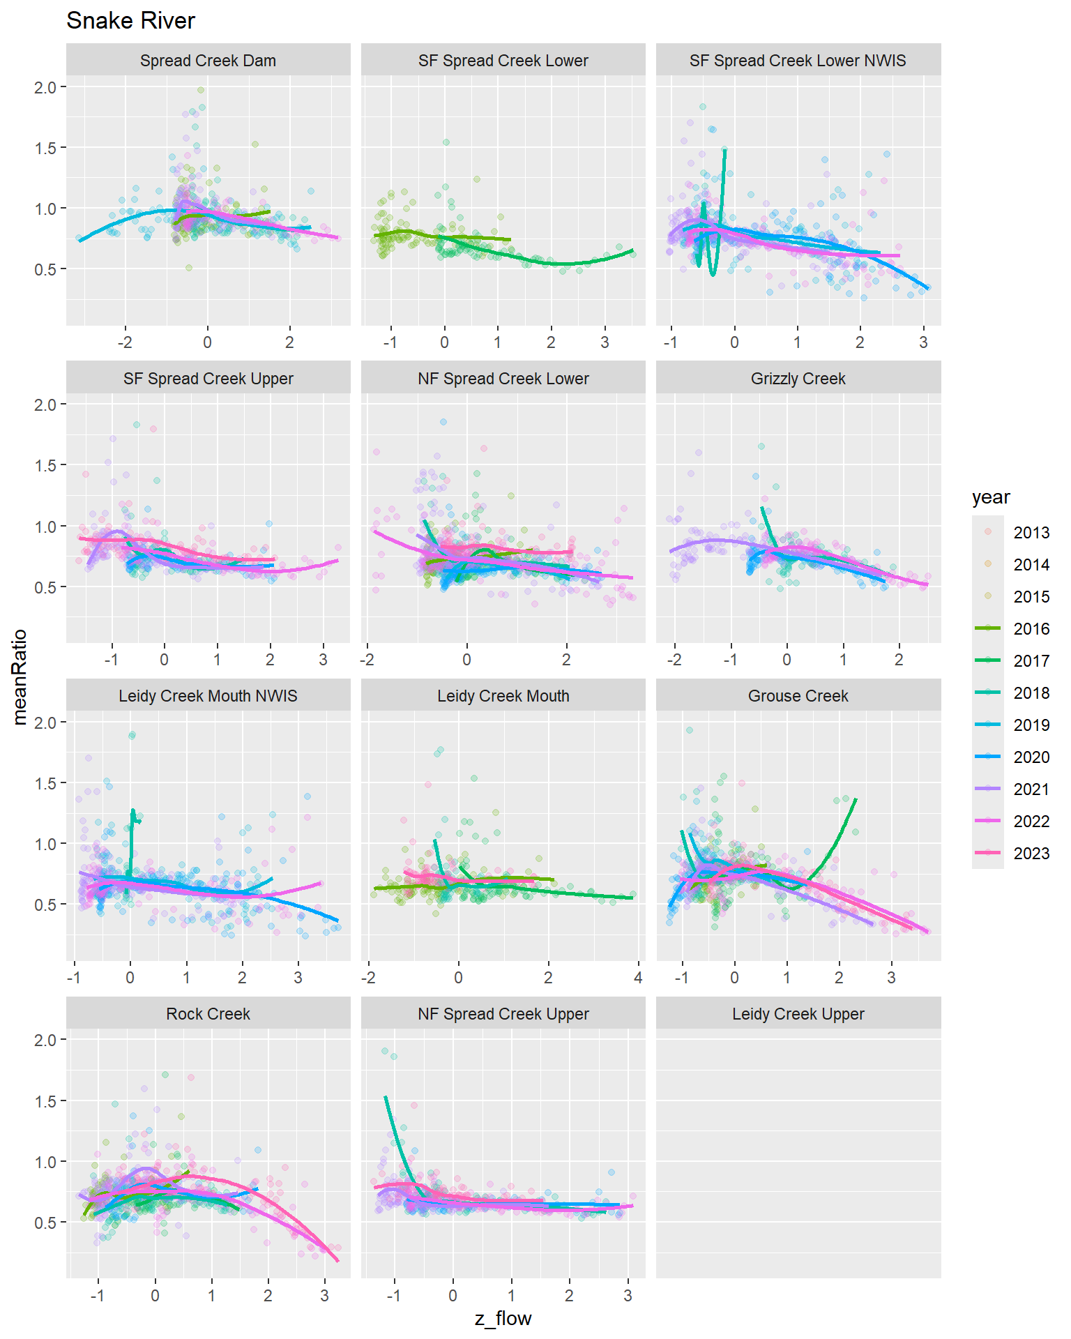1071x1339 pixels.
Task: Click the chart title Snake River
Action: (130, 21)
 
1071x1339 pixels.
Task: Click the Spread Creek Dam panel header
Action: (208, 61)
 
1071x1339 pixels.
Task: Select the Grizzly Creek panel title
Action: (798, 379)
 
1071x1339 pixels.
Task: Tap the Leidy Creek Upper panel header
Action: (798, 1014)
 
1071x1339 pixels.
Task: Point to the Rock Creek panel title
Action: (208, 1014)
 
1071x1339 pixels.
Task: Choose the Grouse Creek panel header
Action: (798, 696)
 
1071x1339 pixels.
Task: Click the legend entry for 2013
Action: (1031, 533)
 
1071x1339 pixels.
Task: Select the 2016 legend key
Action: (987, 629)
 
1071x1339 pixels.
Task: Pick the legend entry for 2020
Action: (1031, 757)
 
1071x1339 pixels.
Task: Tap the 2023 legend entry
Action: (1031, 854)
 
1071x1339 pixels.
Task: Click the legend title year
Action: (991, 497)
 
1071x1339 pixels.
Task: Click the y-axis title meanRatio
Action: (20, 677)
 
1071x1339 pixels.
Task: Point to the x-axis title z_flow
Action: (503, 1319)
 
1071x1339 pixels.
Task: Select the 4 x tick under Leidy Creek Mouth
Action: (638, 978)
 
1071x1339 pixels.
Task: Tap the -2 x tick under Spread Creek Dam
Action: (125, 342)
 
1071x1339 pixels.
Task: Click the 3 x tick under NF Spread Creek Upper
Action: (628, 1296)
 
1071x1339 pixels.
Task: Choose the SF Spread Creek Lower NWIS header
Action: (798, 61)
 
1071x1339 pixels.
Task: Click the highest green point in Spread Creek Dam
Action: (201, 90)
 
